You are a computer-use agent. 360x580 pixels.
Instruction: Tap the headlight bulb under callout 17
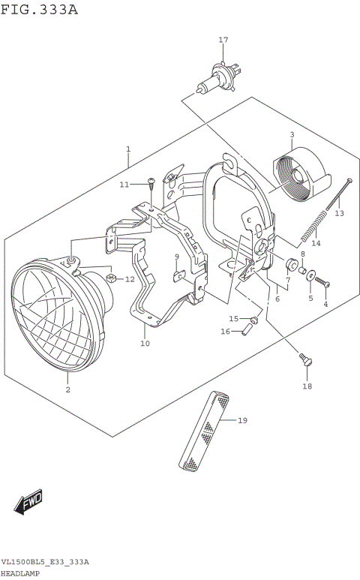point(217,81)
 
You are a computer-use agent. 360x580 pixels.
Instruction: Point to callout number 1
point(128,149)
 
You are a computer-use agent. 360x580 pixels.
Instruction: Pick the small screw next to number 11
point(151,182)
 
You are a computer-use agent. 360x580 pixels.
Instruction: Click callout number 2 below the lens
point(67,389)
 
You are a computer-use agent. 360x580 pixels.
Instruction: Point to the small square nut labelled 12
point(111,280)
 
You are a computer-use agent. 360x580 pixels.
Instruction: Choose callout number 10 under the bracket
point(145,344)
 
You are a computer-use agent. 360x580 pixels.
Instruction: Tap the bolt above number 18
point(304,359)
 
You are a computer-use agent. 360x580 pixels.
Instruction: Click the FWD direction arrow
point(30,502)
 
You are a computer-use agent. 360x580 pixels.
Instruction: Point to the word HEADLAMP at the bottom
point(21,572)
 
